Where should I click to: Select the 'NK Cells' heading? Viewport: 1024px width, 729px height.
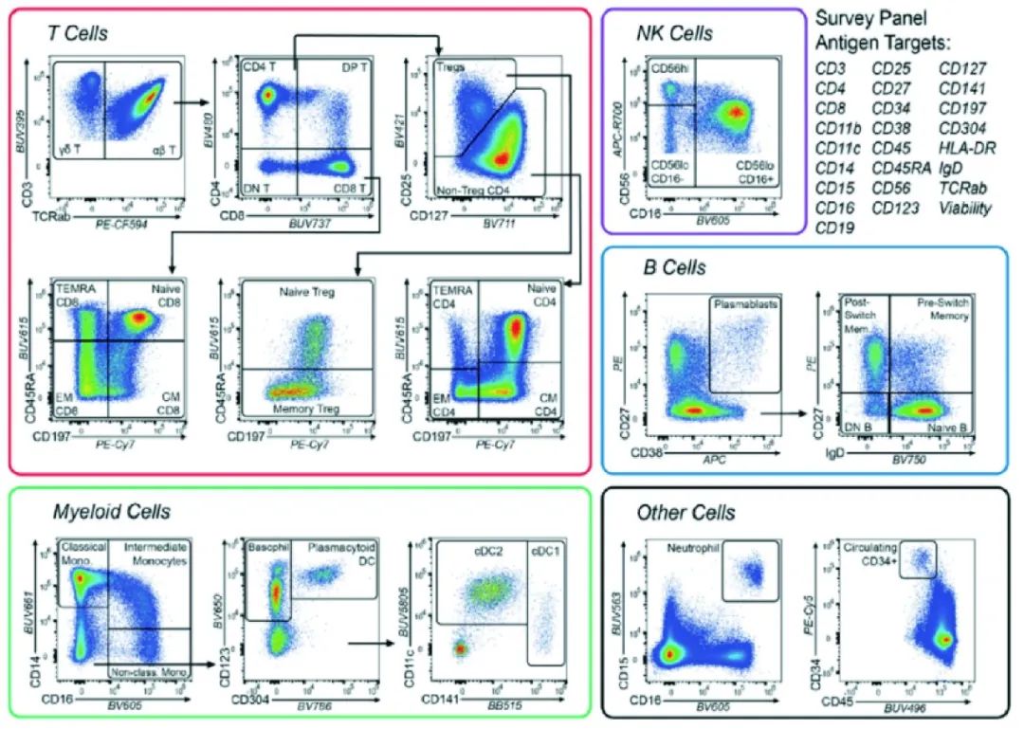click(x=675, y=34)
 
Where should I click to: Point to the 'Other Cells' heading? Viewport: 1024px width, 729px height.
click(x=687, y=513)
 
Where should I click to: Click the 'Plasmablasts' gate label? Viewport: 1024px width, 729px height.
click(x=745, y=305)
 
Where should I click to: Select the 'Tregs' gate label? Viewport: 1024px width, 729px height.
click(x=451, y=68)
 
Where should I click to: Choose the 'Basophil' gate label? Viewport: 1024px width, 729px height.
click(x=266, y=548)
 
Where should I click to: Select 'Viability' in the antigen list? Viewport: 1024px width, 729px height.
click(x=964, y=208)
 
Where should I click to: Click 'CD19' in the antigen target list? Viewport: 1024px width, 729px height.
click(x=834, y=228)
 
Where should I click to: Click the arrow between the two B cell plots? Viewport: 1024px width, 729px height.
click(x=777, y=412)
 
